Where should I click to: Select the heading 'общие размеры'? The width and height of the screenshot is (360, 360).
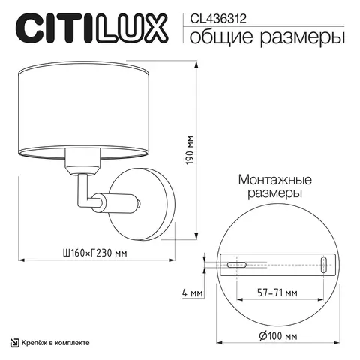tap(267, 35)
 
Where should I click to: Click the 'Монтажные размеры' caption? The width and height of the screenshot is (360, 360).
tap(270, 187)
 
